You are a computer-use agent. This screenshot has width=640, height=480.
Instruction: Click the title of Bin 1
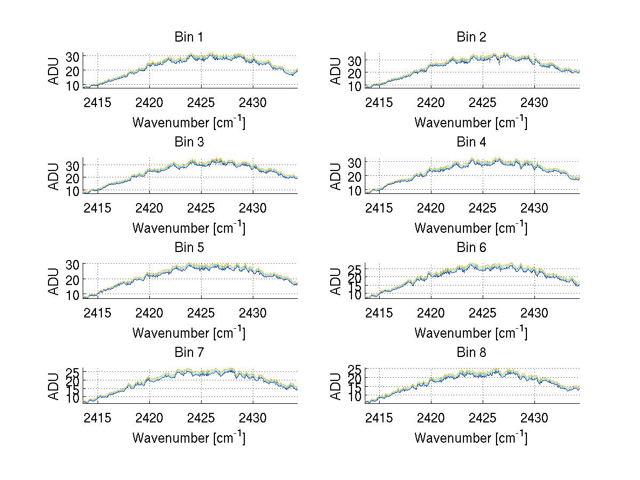coord(188,37)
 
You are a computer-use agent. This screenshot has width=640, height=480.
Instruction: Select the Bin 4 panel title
coord(471,142)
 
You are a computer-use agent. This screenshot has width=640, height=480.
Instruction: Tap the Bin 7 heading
coord(188,353)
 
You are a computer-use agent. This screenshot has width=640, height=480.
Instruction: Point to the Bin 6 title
coord(471,248)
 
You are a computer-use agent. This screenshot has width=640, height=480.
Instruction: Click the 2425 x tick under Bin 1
coord(201,102)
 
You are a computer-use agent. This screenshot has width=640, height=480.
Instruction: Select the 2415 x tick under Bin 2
coord(379,102)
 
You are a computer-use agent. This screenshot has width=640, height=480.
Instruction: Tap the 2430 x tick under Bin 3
coord(253,208)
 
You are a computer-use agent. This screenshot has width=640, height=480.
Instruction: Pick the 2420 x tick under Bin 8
coord(431,418)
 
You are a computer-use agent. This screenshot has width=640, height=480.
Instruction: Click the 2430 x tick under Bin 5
coord(253,313)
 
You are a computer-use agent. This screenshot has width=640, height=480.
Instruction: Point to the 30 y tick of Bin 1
coord(74,56)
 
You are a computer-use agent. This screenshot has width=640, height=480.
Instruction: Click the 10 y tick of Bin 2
coord(355,85)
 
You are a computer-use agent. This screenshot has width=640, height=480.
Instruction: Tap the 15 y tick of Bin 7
coord(74,389)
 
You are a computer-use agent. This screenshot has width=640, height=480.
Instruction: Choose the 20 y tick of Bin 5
coord(74,279)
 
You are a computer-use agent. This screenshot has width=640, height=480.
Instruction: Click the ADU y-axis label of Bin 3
coord(54,176)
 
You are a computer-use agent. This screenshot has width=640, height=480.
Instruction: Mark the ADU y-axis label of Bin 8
coord(336,386)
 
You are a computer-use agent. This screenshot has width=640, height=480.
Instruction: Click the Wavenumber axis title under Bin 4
coord(471,227)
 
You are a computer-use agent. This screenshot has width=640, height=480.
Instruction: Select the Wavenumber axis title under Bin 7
coord(189,438)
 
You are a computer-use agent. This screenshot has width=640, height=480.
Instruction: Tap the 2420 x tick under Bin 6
coord(431,313)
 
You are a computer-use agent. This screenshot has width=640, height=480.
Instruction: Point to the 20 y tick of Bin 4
coord(355,176)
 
